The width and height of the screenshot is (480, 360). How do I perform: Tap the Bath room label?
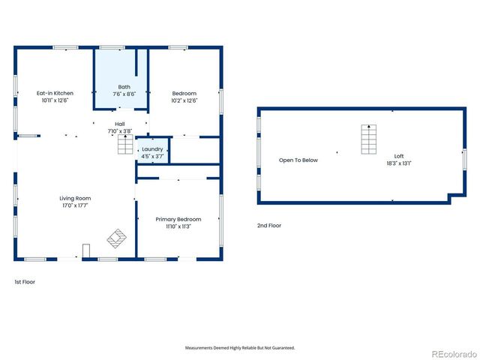[x=124, y=87]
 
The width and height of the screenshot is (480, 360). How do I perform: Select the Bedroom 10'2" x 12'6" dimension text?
[x=184, y=100]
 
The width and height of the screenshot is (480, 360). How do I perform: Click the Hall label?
[x=119, y=124]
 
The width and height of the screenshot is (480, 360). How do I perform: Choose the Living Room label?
[x=76, y=198]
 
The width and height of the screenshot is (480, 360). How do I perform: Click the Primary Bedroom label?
[x=177, y=219]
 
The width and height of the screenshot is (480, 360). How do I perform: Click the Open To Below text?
[x=298, y=160]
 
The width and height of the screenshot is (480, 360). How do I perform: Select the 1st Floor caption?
[x=25, y=282]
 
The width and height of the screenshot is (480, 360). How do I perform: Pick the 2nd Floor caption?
[x=268, y=225]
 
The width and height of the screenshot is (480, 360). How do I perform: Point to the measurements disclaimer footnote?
[x=240, y=348]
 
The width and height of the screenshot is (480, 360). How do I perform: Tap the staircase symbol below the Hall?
[x=124, y=146]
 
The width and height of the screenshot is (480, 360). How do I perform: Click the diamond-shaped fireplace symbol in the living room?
[x=117, y=238]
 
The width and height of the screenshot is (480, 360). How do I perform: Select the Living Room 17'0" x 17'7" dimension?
[x=76, y=205]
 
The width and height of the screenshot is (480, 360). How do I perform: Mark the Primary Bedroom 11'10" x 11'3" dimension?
[x=177, y=226]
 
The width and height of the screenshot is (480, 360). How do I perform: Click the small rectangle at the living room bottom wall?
[x=86, y=250]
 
